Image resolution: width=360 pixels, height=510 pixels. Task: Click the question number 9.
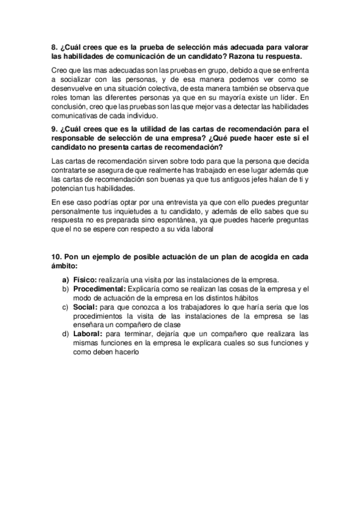tap(55, 129)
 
